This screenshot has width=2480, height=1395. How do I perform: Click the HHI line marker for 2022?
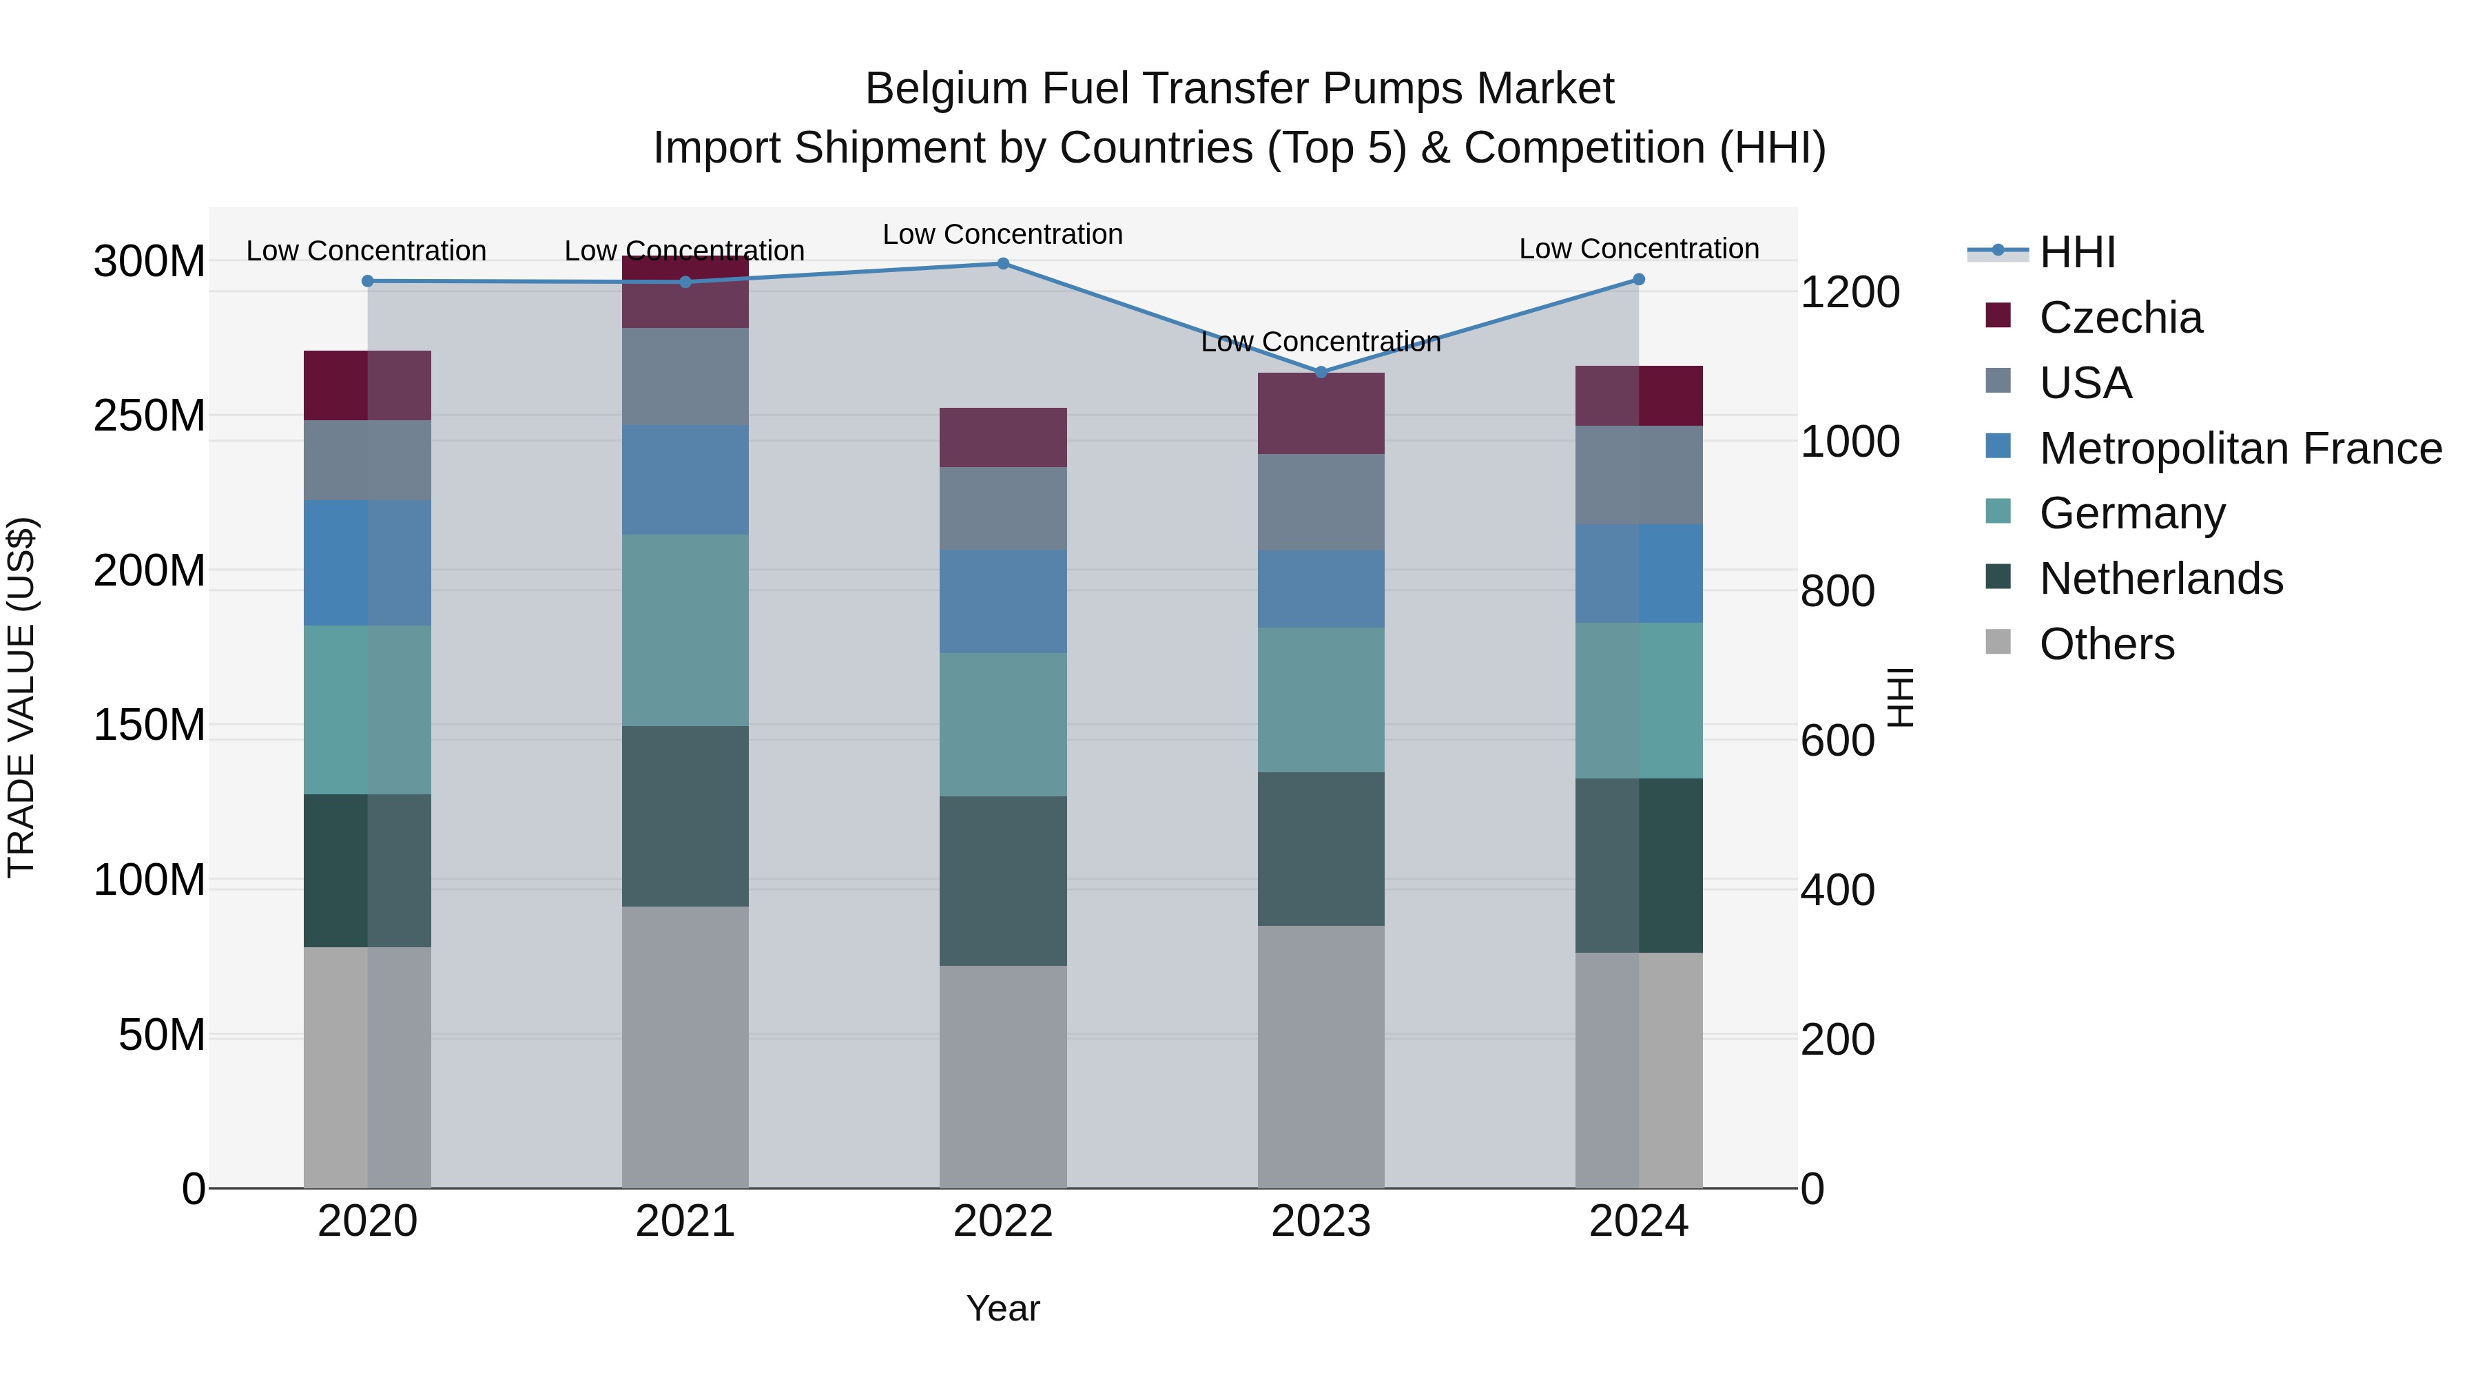[1002, 264]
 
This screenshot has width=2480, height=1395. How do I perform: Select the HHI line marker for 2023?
[1321, 373]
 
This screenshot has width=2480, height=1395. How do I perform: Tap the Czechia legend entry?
[2119, 318]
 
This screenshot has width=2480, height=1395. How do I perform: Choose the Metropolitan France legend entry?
[2240, 448]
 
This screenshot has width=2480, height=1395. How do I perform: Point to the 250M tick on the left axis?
[149, 416]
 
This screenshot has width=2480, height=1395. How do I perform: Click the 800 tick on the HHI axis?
[1837, 591]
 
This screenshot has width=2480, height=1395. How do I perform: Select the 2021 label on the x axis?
[685, 1221]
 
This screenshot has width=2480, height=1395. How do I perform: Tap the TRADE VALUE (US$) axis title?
[21, 697]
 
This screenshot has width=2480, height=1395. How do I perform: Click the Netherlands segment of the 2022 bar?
[1002, 881]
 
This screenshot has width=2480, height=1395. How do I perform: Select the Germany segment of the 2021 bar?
[685, 630]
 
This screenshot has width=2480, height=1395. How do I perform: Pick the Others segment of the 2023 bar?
[1321, 1057]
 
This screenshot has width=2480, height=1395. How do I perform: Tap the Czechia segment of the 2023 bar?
[1321, 414]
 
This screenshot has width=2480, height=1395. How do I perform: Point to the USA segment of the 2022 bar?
[1002, 508]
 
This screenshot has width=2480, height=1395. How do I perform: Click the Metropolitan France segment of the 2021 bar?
[685, 480]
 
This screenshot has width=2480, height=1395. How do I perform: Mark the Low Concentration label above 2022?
[1002, 235]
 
